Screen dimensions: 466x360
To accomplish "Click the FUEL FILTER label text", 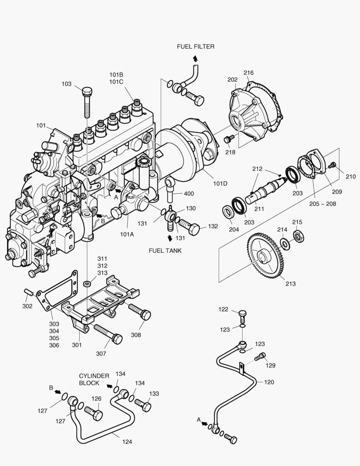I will click(x=195, y=47).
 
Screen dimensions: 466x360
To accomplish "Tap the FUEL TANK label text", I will click(x=166, y=250).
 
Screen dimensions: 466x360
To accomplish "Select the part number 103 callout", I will click(x=66, y=84).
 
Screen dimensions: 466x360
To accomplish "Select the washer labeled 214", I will click(x=285, y=243).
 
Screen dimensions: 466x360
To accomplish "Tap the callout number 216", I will click(x=248, y=72).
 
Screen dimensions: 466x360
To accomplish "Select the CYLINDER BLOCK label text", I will click(x=94, y=379).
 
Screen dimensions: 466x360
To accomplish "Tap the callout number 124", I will click(x=127, y=442).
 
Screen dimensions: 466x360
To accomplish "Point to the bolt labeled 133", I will click(x=144, y=405).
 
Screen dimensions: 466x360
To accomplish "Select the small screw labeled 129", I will click(x=260, y=356).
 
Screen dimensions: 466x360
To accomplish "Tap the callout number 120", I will click(x=269, y=382).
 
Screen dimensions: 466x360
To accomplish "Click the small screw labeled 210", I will click(x=332, y=165).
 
